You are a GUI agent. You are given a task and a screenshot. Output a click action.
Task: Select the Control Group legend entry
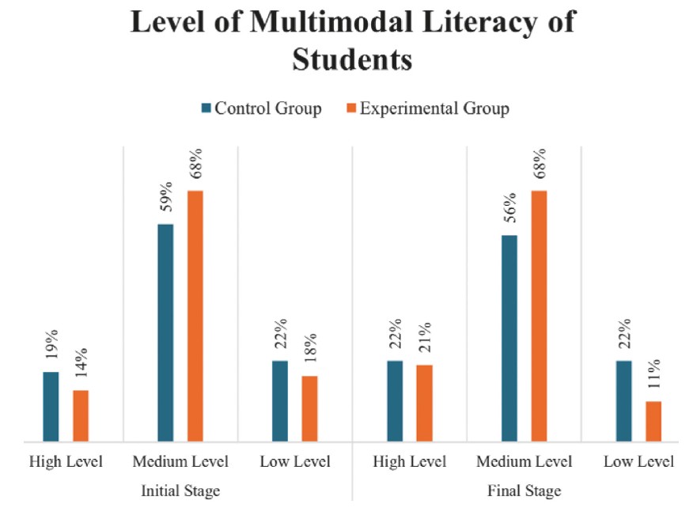click(262, 108)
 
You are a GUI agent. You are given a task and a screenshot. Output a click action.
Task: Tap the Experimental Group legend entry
click(426, 108)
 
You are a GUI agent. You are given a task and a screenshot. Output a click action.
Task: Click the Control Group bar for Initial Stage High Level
click(51, 406)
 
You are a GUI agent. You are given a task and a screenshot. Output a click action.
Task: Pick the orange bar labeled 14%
click(81, 415)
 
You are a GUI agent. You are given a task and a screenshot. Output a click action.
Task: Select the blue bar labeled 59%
click(165, 332)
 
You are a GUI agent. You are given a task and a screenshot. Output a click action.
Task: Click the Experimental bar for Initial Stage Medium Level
click(195, 316)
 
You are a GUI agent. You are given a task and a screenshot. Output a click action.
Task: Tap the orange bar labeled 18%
click(309, 408)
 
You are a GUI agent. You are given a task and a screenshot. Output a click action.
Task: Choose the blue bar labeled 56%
click(509, 338)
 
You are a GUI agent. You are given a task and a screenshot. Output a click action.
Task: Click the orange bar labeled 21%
click(423, 403)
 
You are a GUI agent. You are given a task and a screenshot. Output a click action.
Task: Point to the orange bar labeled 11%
click(653, 421)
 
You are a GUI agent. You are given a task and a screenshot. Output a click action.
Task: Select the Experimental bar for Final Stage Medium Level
click(539, 316)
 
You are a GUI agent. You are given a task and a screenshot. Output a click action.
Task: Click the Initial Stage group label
click(180, 491)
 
